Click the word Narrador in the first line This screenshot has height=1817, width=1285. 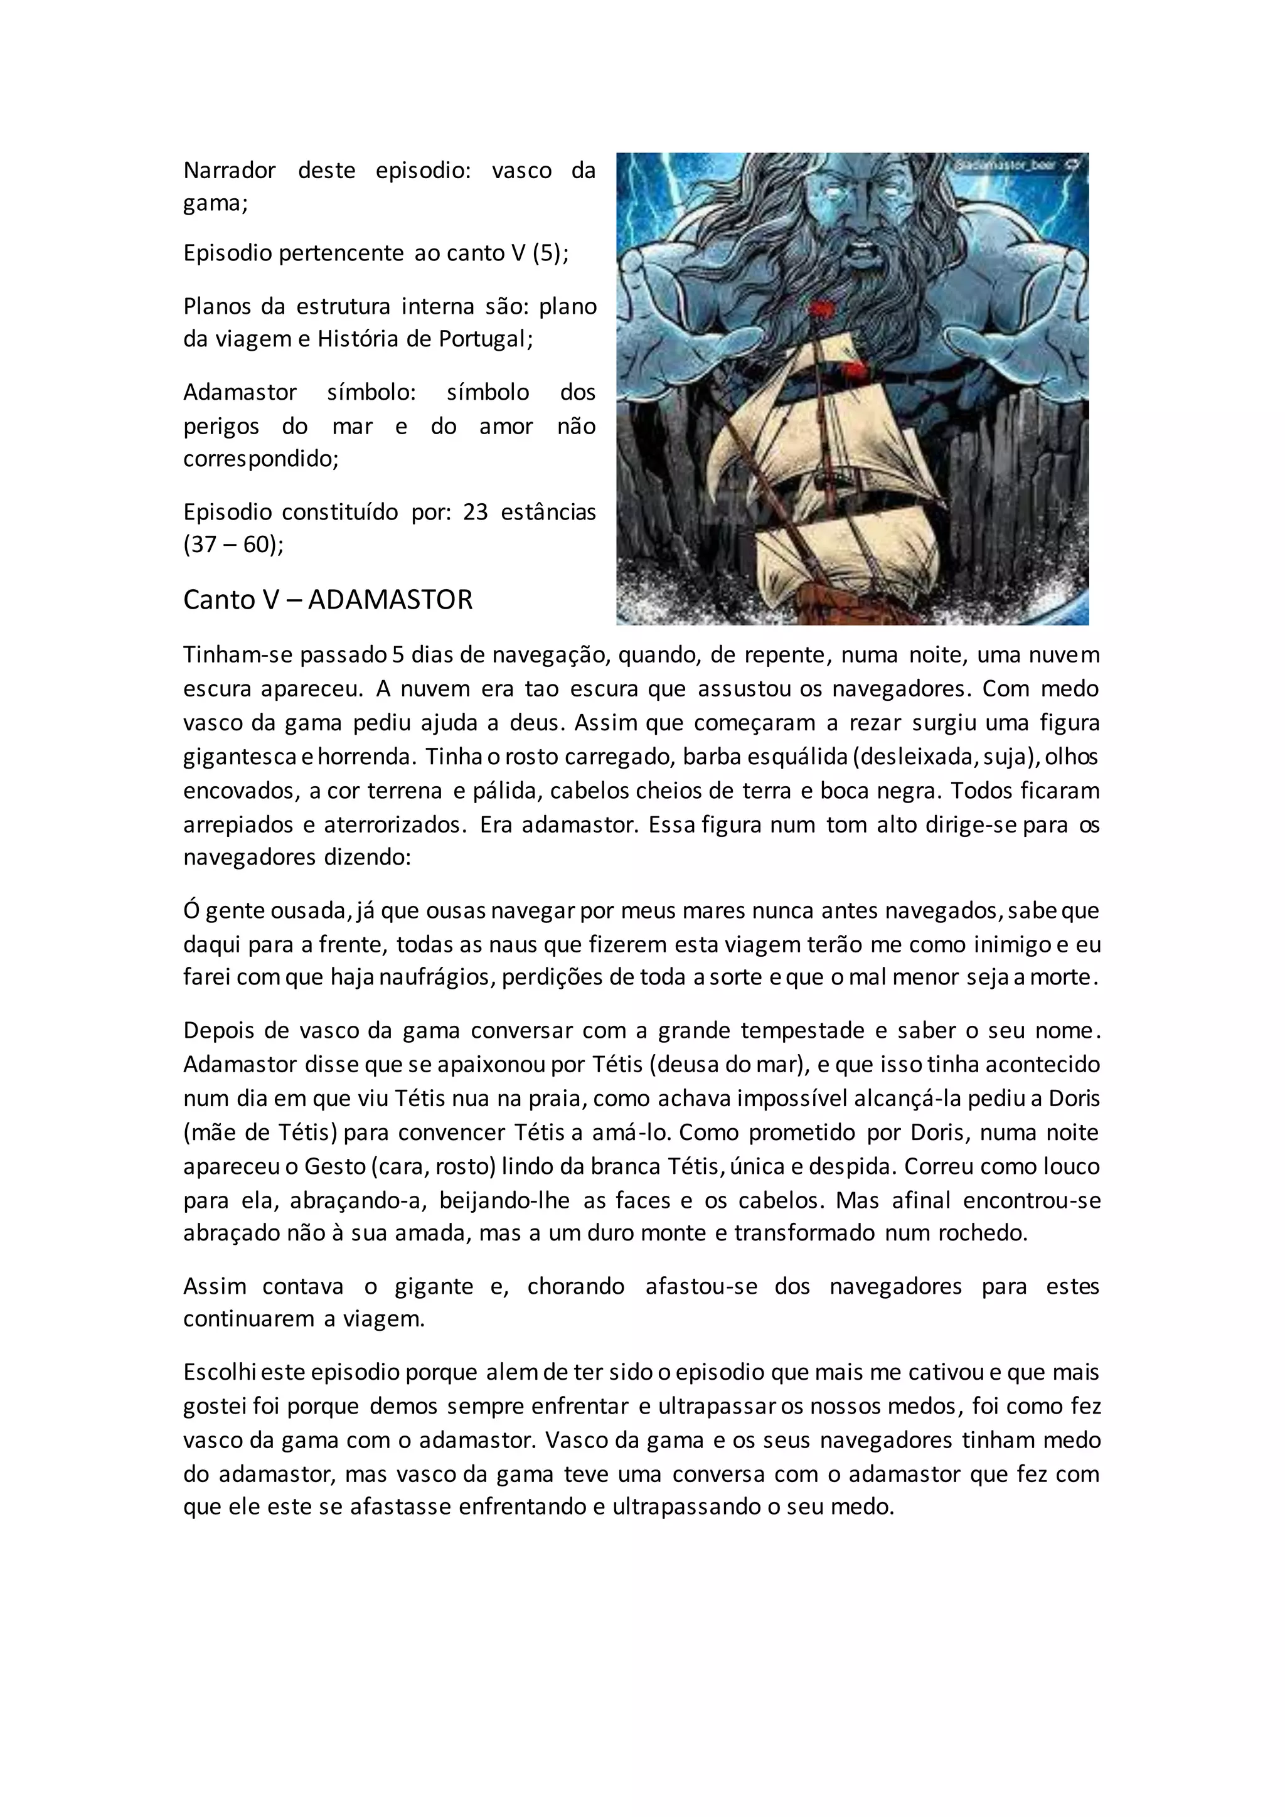pos(230,170)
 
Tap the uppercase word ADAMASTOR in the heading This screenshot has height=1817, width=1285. pos(390,600)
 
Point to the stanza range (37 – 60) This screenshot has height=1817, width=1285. pos(233,545)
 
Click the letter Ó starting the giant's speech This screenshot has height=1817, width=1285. pos(191,911)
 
